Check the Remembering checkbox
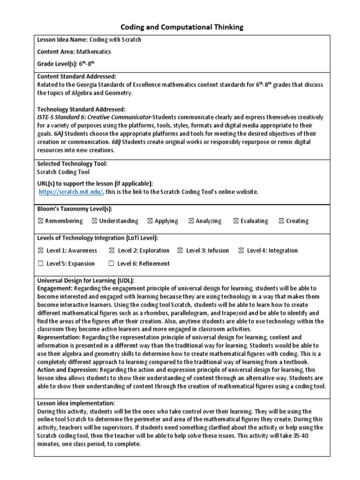(40, 221)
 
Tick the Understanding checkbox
(95, 221)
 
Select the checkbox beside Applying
(150, 221)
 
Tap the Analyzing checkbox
(191, 221)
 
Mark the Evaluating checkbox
(236, 221)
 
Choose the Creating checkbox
(281, 221)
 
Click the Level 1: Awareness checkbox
(40, 251)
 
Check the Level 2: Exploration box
(112, 251)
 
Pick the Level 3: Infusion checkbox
(180, 251)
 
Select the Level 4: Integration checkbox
(241, 251)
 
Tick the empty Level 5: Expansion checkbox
(40, 263)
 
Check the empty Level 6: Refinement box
(112, 263)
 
